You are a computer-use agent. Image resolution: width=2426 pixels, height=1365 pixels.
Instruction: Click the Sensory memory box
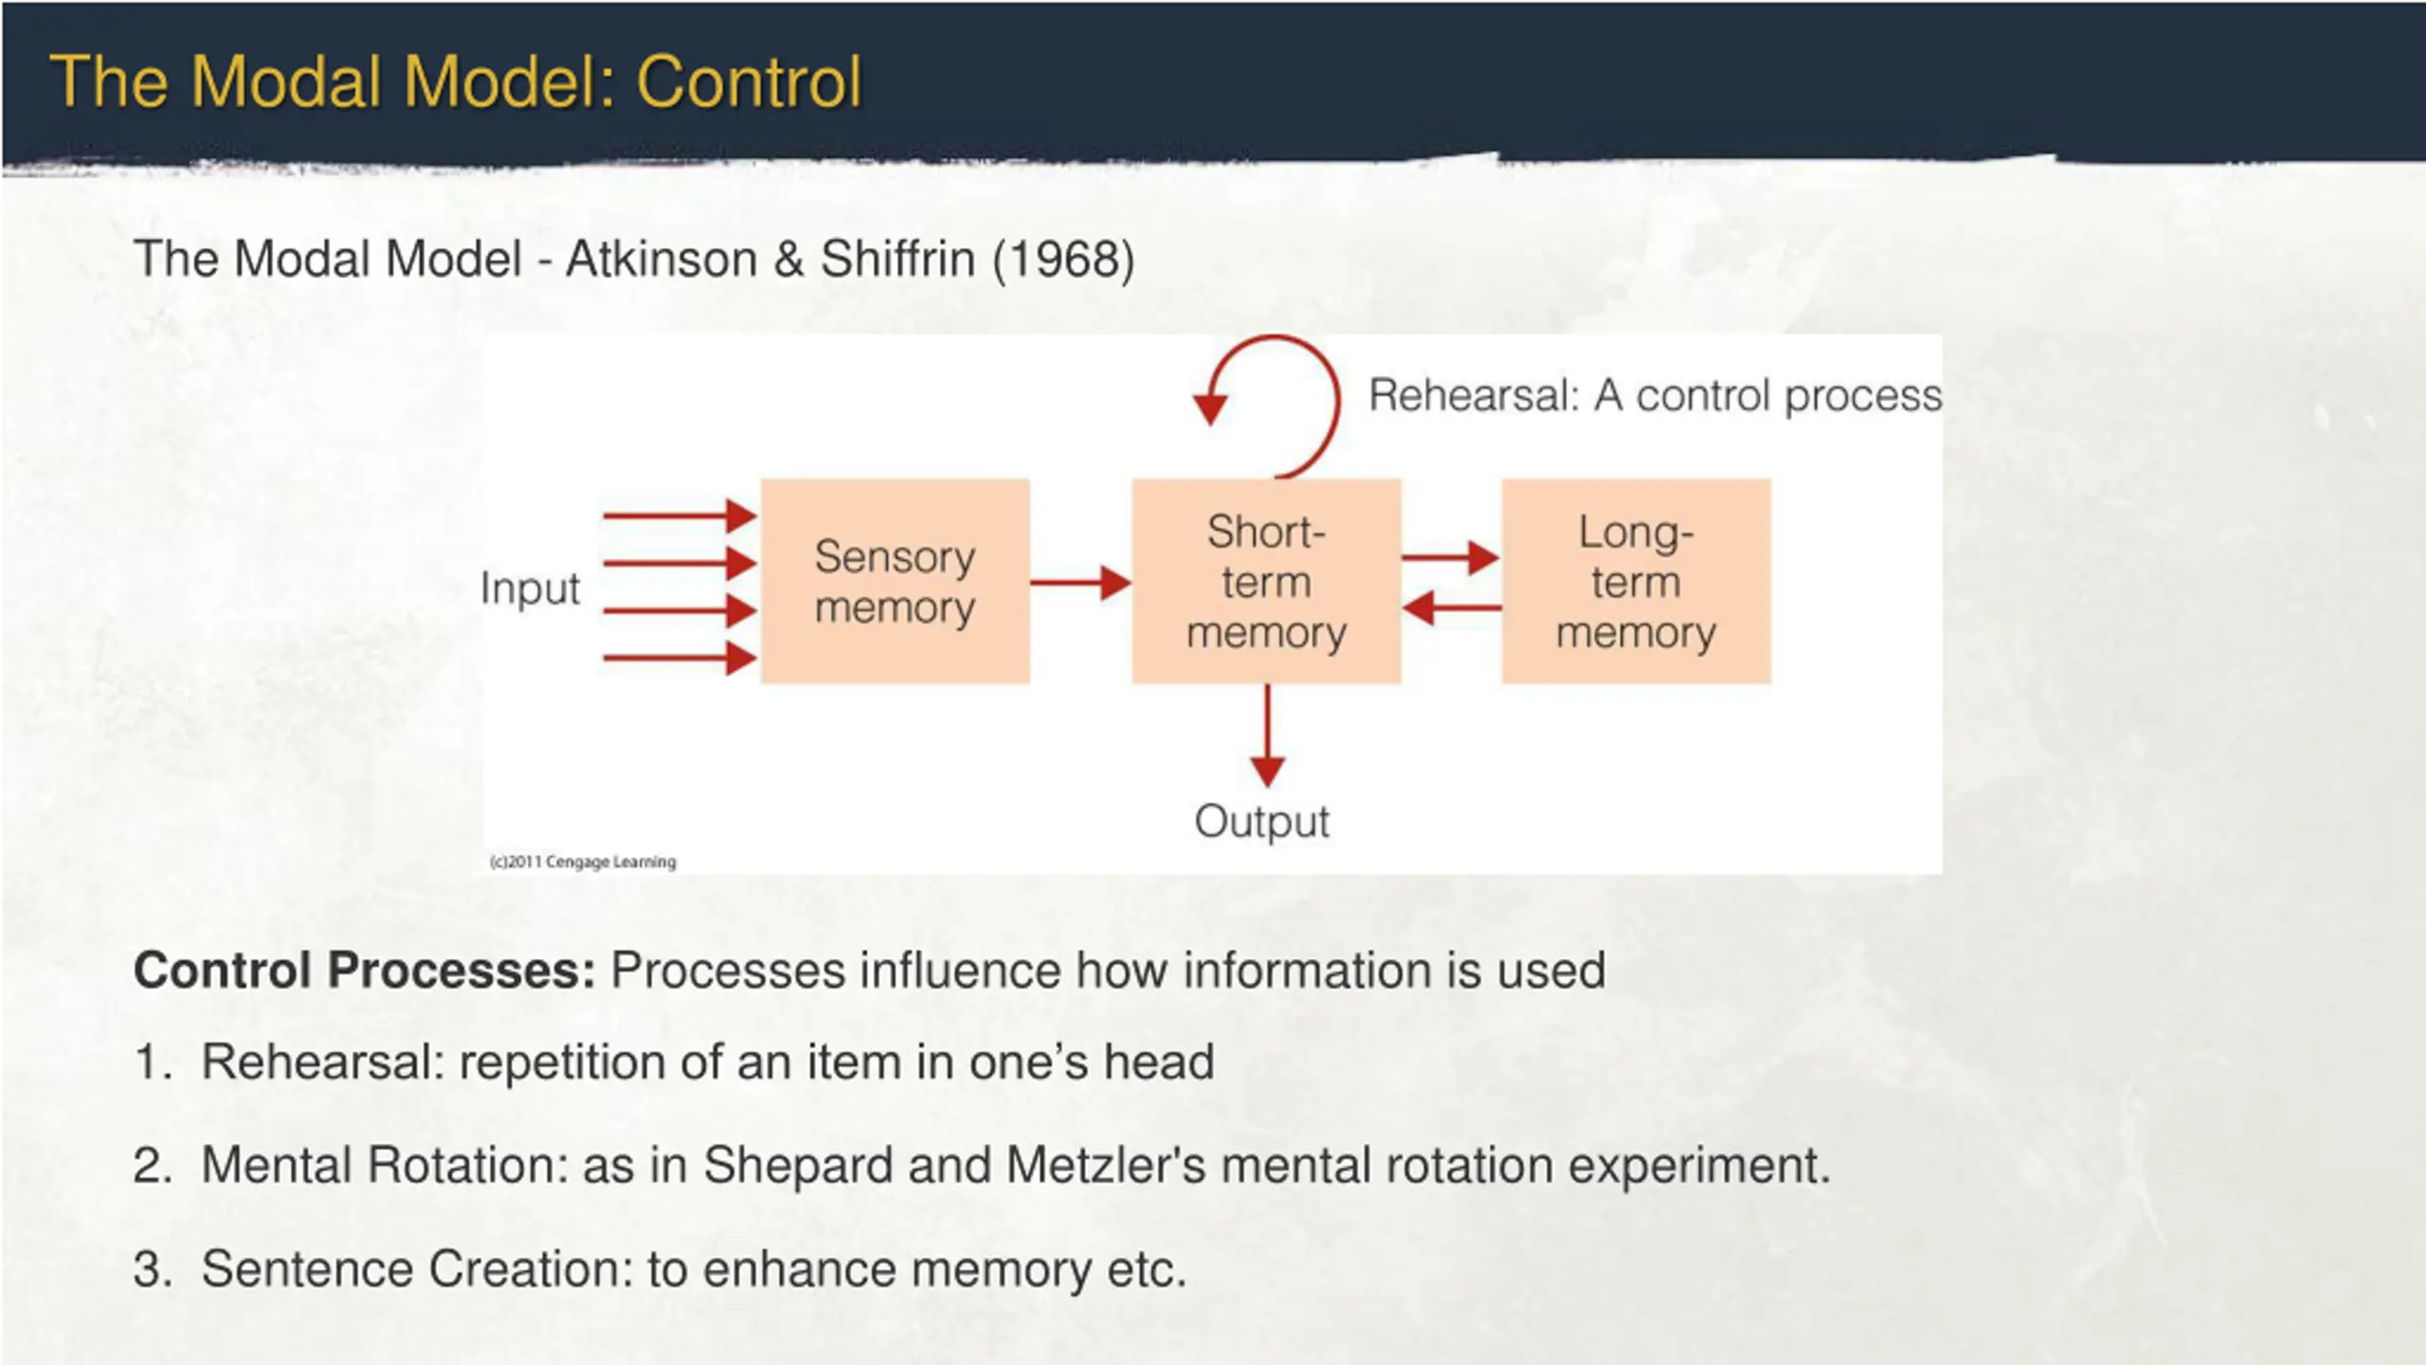click(895, 581)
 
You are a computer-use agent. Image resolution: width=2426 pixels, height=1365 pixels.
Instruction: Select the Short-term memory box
click(1266, 581)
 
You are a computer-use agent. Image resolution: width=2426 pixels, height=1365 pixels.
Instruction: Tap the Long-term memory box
click(1636, 581)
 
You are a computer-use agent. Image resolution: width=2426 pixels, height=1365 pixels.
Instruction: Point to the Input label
click(530, 589)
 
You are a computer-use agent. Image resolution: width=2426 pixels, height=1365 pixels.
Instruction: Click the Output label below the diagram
click(1262, 821)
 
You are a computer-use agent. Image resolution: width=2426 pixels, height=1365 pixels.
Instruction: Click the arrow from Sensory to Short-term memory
click(1080, 582)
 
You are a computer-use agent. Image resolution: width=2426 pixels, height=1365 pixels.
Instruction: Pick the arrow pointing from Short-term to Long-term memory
click(1450, 557)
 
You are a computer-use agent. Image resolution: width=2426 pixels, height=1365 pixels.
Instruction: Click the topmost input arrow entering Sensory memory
click(679, 516)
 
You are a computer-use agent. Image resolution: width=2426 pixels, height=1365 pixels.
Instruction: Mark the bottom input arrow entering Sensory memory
click(679, 657)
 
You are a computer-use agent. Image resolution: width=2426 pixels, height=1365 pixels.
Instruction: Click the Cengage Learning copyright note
click(583, 862)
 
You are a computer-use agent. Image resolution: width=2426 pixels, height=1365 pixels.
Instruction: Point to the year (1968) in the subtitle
click(1062, 259)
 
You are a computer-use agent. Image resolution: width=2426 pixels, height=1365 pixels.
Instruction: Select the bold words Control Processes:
click(365, 970)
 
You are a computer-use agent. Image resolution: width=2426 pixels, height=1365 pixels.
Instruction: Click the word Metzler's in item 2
click(1105, 1165)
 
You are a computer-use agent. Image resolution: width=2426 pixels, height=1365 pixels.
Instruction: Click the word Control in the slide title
click(749, 82)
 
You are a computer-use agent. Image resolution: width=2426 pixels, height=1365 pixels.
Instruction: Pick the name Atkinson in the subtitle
click(661, 259)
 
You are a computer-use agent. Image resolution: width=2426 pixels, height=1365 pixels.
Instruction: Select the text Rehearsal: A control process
click(1655, 395)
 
